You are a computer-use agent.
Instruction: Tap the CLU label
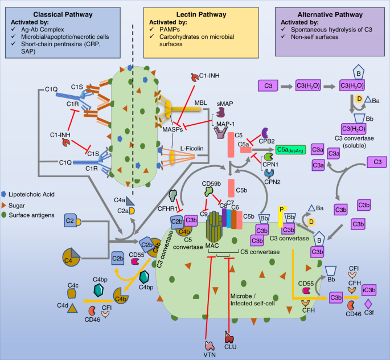(230, 354)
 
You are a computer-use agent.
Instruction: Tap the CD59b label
(212, 183)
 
